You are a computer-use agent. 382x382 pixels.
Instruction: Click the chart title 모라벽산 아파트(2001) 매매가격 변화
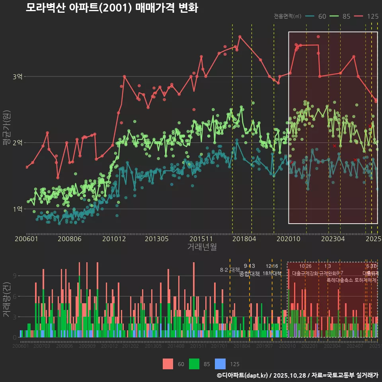coord(112,8)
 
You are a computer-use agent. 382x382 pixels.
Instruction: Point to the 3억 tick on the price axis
coord(18,76)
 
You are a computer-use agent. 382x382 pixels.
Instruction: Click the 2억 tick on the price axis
coord(18,142)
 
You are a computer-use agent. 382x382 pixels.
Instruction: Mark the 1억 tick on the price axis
coord(18,209)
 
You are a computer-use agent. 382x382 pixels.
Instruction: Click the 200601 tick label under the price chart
coord(26,239)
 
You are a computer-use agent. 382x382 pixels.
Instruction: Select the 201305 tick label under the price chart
coord(156,239)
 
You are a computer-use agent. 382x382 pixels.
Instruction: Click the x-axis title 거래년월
coord(202,247)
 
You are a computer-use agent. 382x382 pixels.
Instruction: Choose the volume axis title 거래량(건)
coord(7,299)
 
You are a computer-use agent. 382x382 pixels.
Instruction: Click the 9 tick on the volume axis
coord(14,275)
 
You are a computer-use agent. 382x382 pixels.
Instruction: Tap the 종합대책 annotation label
coord(249,274)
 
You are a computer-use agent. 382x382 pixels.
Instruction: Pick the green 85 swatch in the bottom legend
coord(194,364)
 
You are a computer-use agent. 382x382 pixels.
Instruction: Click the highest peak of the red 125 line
coord(240,36)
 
